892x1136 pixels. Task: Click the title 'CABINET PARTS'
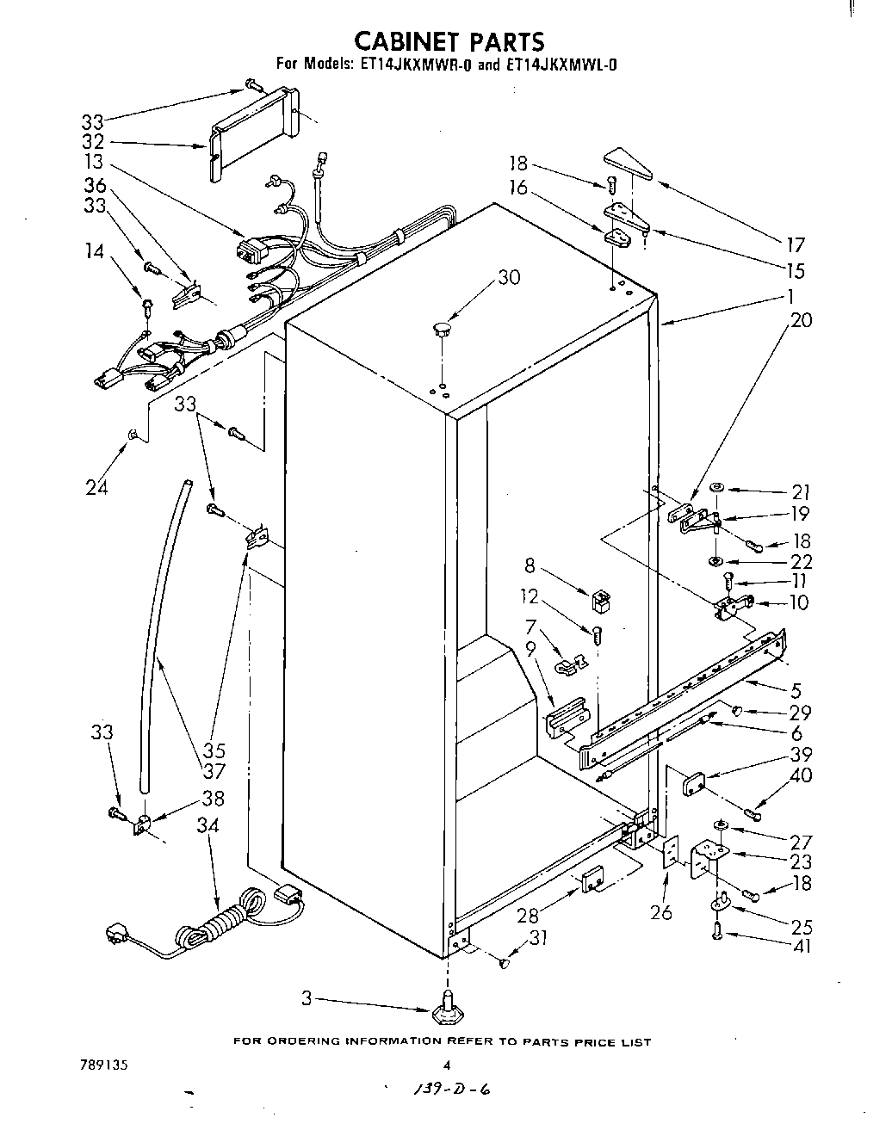[x=449, y=41]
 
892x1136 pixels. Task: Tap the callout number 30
[x=509, y=277]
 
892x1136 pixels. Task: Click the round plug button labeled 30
[x=441, y=328]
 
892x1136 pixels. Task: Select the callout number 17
[x=795, y=244]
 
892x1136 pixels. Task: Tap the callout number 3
[x=306, y=999]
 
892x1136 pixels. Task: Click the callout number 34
[x=208, y=826]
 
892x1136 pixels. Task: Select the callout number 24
[x=96, y=487]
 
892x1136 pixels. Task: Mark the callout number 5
[x=796, y=689]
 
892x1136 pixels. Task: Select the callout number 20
[x=801, y=320]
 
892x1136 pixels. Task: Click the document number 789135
[x=102, y=1065]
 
